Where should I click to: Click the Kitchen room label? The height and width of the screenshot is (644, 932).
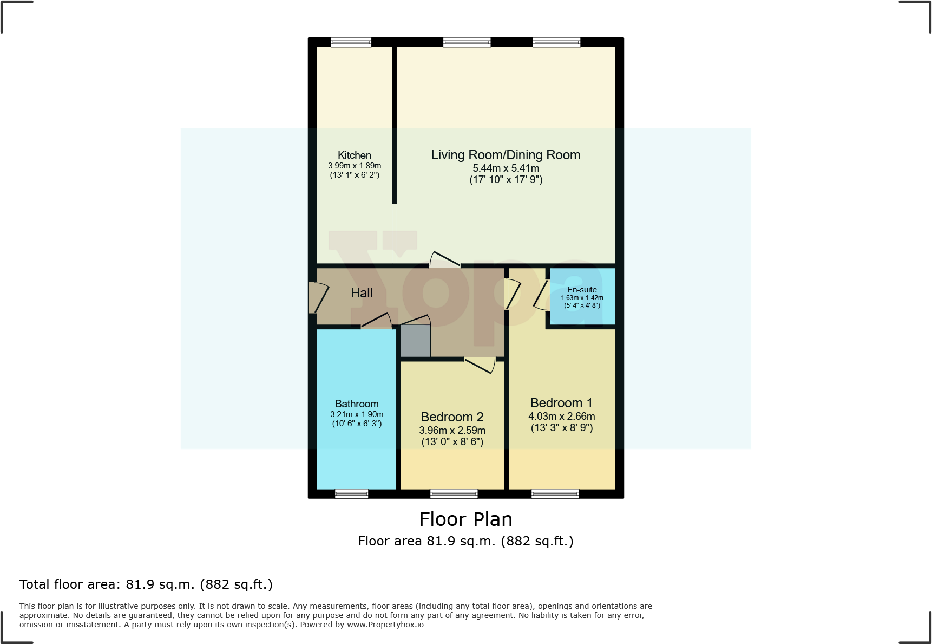coord(355,155)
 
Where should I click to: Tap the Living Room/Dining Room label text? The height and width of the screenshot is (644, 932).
coord(506,155)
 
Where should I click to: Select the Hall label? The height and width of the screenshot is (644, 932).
coord(362,293)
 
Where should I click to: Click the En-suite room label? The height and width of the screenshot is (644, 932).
coord(582,290)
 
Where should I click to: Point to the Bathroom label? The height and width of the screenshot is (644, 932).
coord(357,404)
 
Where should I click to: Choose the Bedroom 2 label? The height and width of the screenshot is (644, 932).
coord(452,417)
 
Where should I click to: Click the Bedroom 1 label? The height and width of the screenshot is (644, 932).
coord(561,403)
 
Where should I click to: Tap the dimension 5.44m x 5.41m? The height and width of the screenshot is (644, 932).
coord(506,168)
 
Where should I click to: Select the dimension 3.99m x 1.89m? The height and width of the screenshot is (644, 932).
coord(355,166)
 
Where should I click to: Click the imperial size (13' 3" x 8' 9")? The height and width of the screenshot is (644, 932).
coord(562,428)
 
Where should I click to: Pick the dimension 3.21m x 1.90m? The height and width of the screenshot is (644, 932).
coord(357,414)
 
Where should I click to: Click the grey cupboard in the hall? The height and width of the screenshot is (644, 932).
coord(415,341)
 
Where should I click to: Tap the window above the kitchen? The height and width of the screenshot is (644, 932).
coord(351,42)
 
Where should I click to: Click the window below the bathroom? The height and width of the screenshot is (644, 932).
coord(351,493)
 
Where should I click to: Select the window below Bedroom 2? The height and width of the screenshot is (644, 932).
coord(454,493)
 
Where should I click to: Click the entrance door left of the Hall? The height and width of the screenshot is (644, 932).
coord(318,297)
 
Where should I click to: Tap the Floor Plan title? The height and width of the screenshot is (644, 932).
coord(465,519)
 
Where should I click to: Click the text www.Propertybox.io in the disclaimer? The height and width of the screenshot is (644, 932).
coord(385,625)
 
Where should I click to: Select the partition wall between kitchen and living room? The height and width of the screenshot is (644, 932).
coord(395,125)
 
